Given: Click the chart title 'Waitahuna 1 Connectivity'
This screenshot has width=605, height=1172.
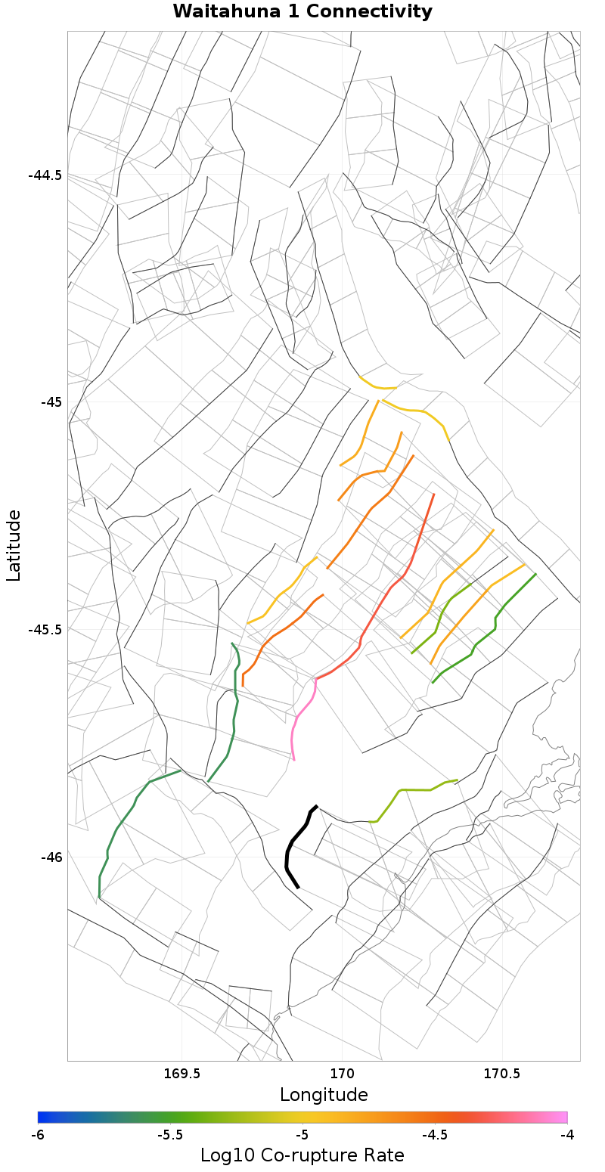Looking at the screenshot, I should [x=302, y=12].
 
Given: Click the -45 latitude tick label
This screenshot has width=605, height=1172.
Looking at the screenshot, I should [x=51, y=402].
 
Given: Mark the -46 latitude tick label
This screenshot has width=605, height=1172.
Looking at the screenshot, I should [x=51, y=857].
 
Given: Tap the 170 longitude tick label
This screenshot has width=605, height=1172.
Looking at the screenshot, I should [x=342, y=1073].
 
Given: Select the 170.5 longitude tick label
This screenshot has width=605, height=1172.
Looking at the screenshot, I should [x=501, y=1073].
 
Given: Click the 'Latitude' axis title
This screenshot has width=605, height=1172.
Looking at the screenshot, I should [x=14, y=545].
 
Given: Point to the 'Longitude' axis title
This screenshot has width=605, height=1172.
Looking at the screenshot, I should [x=324, y=1095].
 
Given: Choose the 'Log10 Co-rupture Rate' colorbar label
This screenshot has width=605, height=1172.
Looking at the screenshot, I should [x=302, y=1155].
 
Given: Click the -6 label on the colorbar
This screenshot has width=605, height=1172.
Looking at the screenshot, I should [x=38, y=1135].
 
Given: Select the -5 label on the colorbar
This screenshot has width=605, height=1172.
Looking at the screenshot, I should [x=302, y=1135].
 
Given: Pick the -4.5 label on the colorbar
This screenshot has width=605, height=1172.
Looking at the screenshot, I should [x=434, y=1135].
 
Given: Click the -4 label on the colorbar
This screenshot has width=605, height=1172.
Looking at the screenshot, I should [x=566, y=1135].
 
